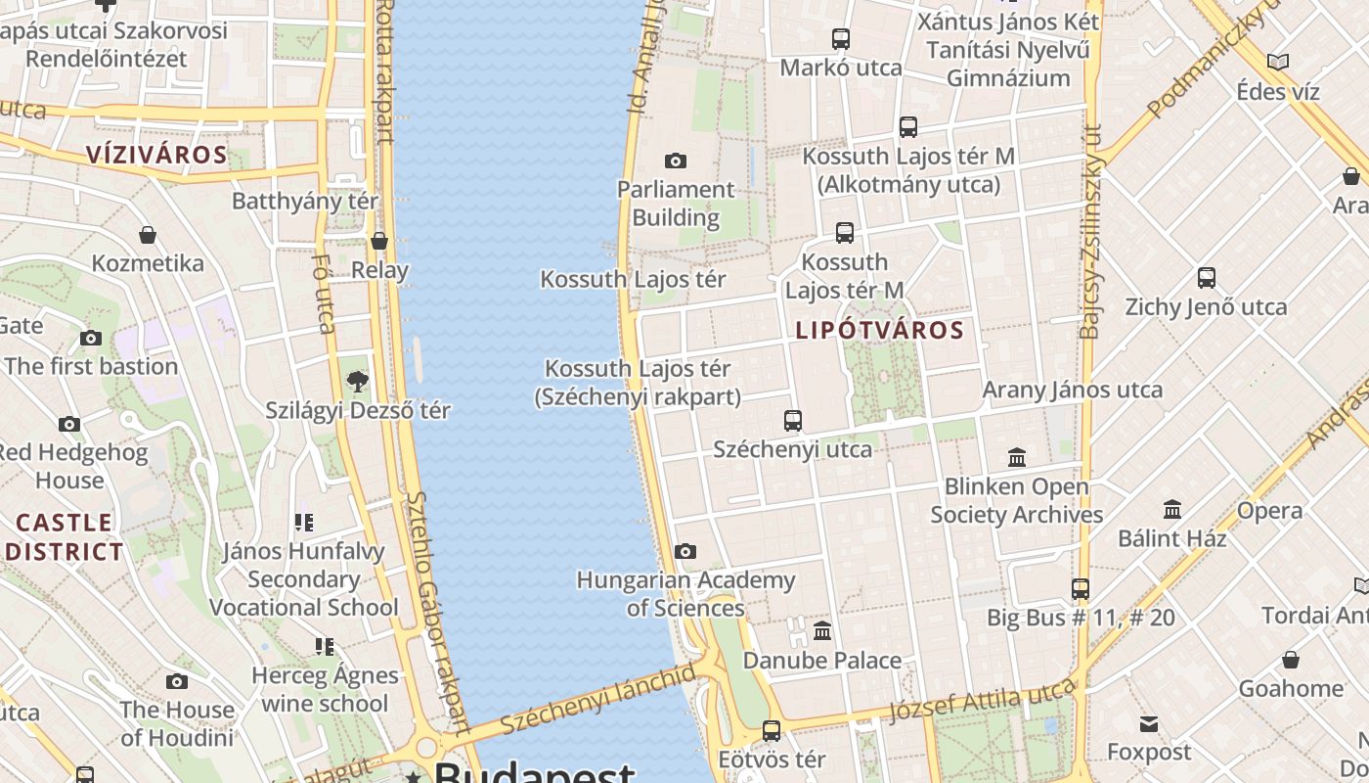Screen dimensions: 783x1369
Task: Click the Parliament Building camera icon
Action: tap(675, 161)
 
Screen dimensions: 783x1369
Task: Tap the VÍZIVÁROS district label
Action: tap(156, 155)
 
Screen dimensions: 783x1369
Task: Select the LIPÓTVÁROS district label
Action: tap(880, 330)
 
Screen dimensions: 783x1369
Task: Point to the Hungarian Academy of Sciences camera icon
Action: tap(685, 552)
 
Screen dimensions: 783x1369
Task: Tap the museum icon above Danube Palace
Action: tap(822, 631)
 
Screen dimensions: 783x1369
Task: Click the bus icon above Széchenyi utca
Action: tap(793, 421)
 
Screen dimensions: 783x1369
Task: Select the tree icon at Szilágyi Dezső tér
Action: tap(358, 382)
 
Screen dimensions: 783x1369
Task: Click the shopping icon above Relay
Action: tap(379, 241)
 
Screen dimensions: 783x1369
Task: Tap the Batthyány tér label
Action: tap(305, 202)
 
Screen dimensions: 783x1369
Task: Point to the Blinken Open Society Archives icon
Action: tap(1017, 457)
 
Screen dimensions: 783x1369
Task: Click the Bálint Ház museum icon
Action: tap(1172, 509)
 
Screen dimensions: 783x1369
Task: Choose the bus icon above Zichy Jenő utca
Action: tap(1207, 278)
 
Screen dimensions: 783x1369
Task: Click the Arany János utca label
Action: tap(1073, 390)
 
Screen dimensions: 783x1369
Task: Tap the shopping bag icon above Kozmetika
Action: tap(148, 235)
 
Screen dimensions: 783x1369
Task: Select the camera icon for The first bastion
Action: tap(91, 339)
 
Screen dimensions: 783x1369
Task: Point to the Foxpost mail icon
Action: tap(1149, 724)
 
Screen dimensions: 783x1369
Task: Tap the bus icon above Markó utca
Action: tap(841, 39)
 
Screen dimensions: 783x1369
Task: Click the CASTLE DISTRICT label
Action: tap(65, 536)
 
